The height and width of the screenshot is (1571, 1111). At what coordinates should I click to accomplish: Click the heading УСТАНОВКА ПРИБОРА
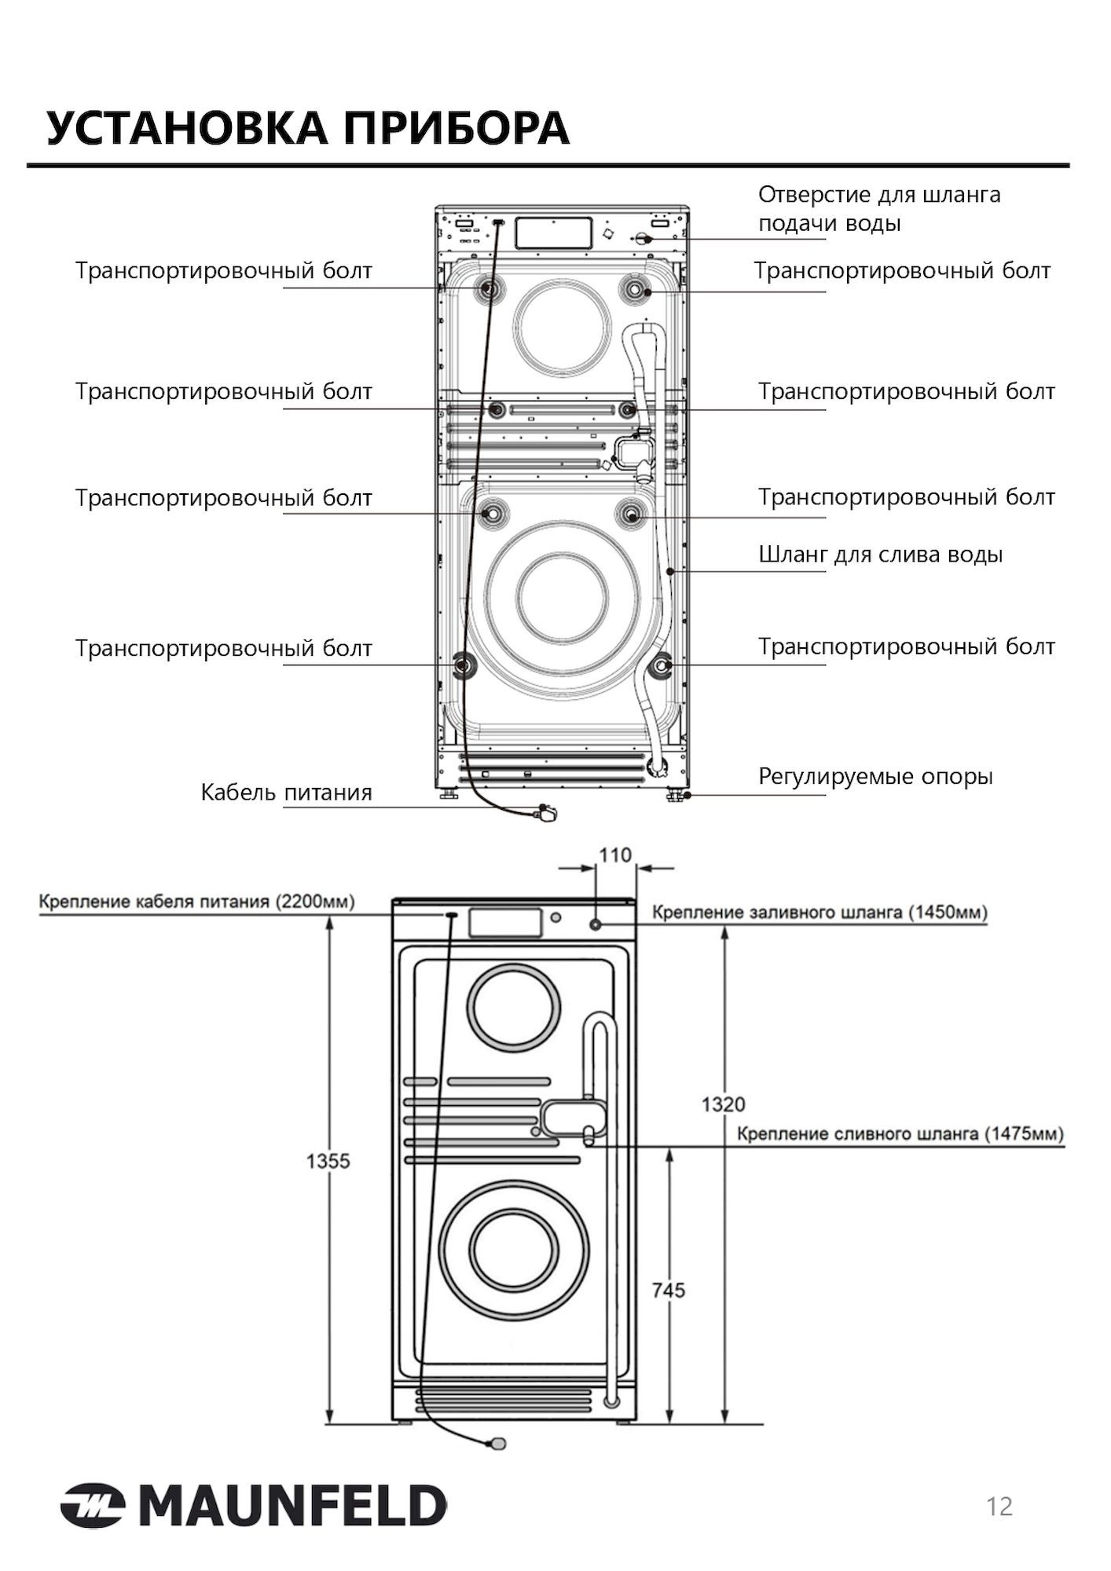[307, 128]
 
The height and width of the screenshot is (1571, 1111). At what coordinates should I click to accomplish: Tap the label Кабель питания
[286, 792]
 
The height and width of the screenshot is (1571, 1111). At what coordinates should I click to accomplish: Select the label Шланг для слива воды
[880, 555]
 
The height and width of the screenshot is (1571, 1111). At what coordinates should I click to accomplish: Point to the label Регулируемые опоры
[875, 777]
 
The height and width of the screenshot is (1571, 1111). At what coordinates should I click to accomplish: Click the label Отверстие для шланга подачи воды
[878, 208]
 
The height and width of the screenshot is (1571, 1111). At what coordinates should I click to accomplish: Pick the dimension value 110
[615, 855]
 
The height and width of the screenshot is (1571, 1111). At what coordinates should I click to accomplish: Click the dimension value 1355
[328, 1160]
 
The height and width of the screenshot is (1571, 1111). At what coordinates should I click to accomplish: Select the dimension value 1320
[723, 1104]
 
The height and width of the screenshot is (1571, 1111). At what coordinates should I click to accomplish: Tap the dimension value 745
[668, 1290]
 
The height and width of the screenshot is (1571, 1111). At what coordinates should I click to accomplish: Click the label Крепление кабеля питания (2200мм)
[196, 901]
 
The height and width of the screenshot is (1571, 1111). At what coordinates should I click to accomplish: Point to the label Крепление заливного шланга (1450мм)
[819, 912]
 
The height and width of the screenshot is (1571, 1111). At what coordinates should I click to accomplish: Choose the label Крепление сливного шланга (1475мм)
[900, 1133]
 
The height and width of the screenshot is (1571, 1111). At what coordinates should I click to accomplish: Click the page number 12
[999, 1507]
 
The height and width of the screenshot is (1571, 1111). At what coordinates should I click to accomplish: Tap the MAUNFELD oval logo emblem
[93, 1506]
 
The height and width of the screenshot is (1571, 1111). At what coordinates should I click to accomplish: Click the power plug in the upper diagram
[545, 813]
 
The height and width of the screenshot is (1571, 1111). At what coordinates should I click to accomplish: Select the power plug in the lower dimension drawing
[497, 1444]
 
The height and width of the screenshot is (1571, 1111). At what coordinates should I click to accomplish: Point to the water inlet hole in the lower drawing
[596, 925]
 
